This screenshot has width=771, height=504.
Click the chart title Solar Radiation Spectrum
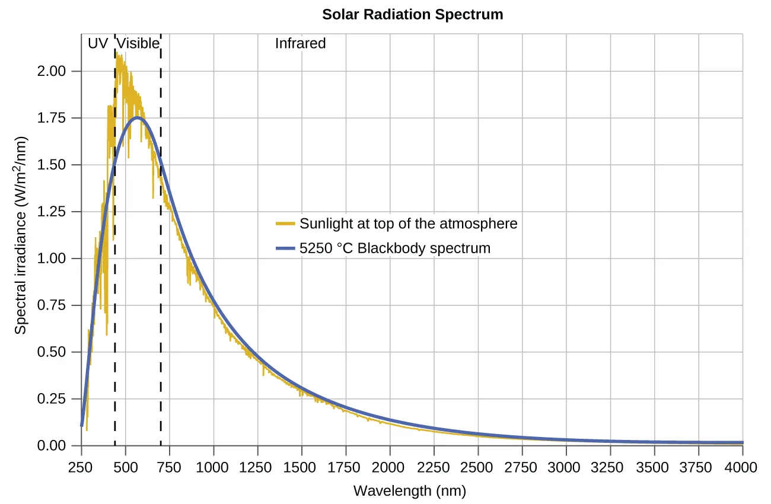pos(412,14)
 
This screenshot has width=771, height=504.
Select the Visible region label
pos(138,43)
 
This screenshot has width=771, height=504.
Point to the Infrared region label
pos(300,43)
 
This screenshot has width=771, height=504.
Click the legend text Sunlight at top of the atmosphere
pos(408,224)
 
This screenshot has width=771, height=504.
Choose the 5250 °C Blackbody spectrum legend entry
pos(395,248)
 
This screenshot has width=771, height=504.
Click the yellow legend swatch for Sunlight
pos(285,224)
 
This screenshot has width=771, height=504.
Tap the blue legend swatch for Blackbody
pos(285,248)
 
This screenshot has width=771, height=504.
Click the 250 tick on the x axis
pos(81,467)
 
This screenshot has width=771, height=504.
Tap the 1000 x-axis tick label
pos(213,467)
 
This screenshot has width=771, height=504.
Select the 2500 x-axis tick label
pos(478,467)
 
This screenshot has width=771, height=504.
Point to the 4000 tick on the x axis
pos(743,467)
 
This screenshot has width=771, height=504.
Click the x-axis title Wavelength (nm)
pos(409,491)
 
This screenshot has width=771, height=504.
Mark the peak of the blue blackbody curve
pos(138,117)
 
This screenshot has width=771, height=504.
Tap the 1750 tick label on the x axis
pos(345,467)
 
